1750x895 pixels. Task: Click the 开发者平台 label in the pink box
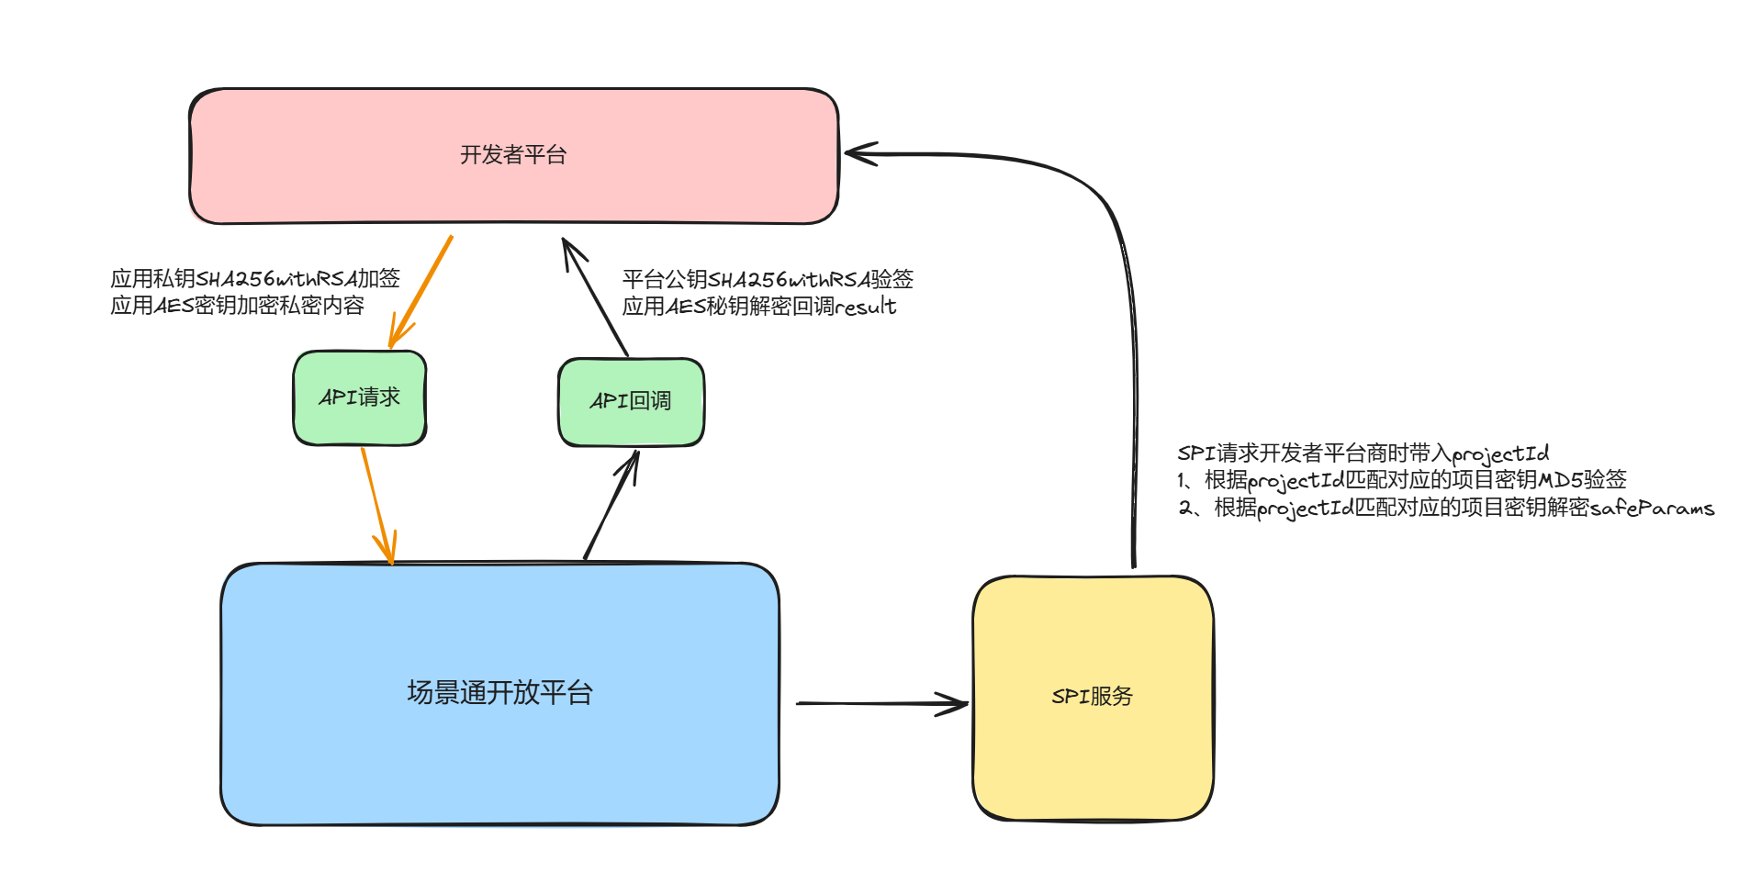click(512, 155)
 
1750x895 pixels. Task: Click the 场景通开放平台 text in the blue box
click(499, 692)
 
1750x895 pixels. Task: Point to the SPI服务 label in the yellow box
click(1092, 697)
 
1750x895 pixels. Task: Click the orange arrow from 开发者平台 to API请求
click(422, 289)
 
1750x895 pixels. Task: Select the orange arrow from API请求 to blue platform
click(376, 504)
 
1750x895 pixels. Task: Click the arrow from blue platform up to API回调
click(611, 505)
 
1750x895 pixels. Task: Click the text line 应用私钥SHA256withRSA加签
click(255, 278)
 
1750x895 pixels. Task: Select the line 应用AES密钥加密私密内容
click(237, 306)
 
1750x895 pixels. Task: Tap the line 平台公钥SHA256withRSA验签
click(768, 279)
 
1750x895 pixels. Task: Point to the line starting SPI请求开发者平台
click(1363, 453)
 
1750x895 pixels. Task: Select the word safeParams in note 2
click(1652, 508)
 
